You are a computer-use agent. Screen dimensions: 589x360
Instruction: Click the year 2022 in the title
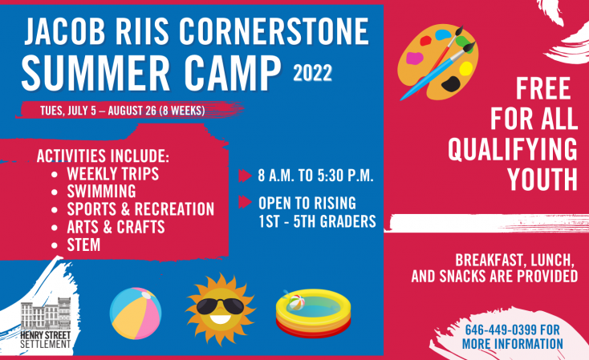click(x=312, y=73)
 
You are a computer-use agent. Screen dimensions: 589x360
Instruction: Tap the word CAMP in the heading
click(x=233, y=73)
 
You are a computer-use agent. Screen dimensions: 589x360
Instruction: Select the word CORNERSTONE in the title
click(x=274, y=31)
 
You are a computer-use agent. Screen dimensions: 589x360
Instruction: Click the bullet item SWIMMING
click(x=101, y=191)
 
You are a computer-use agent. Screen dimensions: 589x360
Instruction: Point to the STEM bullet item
click(x=83, y=245)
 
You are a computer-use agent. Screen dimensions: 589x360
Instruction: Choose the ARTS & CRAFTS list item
click(x=116, y=227)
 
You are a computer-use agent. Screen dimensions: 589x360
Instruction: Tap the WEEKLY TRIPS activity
click(x=112, y=173)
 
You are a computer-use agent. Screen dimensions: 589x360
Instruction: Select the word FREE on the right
click(x=543, y=88)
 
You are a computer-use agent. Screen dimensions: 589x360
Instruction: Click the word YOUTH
click(x=542, y=180)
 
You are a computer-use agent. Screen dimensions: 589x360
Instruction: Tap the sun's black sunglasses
click(x=221, y=306)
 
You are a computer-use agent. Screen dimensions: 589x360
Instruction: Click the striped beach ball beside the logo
click(x=136, y=313)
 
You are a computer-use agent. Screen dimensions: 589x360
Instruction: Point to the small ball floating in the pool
click(x=296, y=302)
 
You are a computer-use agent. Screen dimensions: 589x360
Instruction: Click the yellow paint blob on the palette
click(x=465, y=68)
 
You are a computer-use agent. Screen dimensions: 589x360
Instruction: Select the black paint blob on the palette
click(x=451, y=83)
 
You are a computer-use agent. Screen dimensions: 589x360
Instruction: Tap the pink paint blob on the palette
click(x=414, y=59)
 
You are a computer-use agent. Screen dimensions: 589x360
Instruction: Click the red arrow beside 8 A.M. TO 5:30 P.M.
click(x=245, y=176)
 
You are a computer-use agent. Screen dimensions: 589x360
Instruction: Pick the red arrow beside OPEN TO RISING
click(x=245, y=202)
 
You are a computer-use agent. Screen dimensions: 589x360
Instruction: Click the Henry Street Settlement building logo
click(x=46, y=323)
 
